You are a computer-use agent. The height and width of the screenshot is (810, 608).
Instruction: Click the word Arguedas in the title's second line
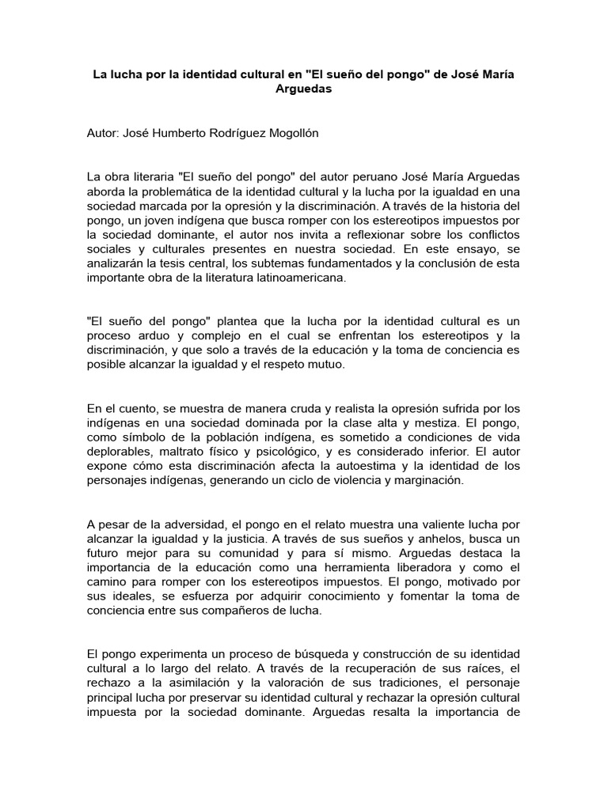[303, 90]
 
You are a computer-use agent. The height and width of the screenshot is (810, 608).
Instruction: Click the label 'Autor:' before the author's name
[104, 133]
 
